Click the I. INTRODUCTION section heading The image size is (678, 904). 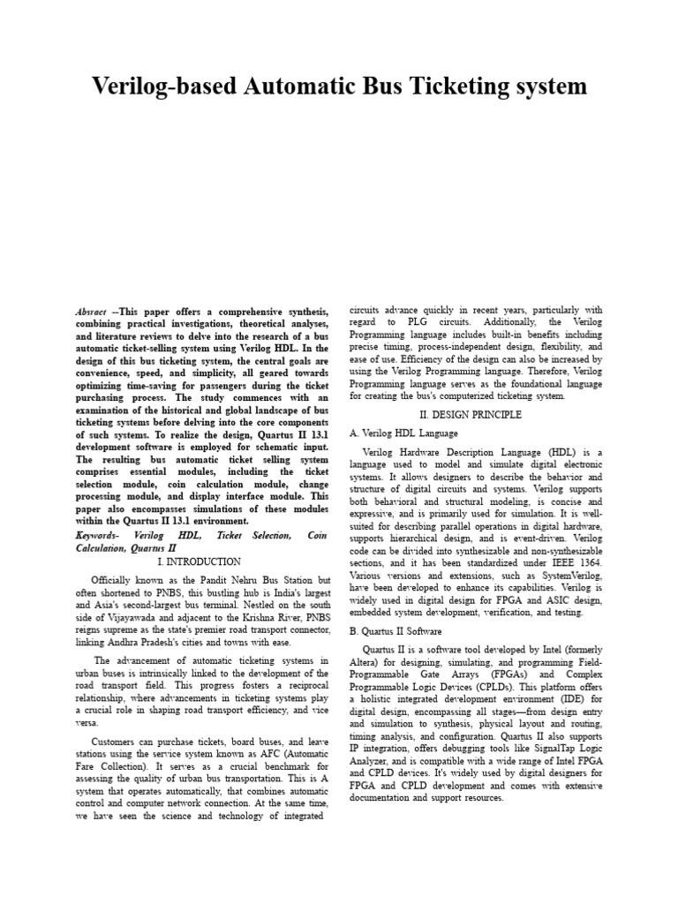[x=199, y=561]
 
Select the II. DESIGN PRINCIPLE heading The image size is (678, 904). [x=476, y=414]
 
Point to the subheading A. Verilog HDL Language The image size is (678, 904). [x=403, y=433]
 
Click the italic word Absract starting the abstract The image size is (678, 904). [x=92, y=313]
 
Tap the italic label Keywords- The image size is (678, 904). [x=99, y=536]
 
